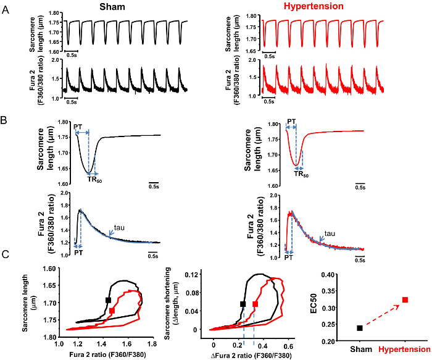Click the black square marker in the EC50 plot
[360, 328]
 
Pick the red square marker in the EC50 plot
[405, 299]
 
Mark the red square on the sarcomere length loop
[112, 311]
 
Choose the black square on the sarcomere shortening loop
[243, 304]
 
